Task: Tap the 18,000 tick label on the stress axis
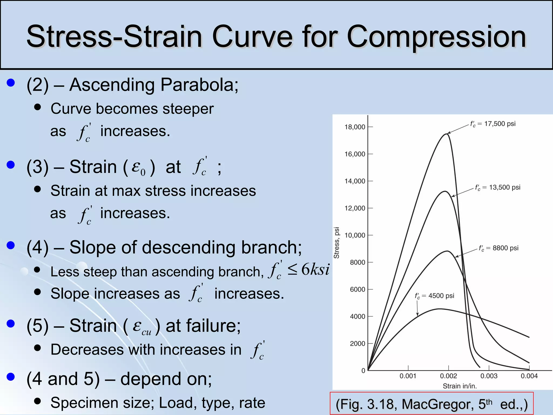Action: click(355, 127)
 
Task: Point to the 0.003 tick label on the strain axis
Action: click(489, 376)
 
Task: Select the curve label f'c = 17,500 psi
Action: click(493, 124)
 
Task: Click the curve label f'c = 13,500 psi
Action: click(497, 187)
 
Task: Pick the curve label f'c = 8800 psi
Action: click(498, 248)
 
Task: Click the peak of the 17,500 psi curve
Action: click(446, 134)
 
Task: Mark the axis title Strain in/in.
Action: click(460, 386)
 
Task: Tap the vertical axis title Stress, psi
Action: click(336, 243)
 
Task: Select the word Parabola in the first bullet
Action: click(199, 85)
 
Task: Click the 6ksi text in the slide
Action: click(315, 269)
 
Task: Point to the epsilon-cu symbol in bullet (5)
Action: click(142, 327)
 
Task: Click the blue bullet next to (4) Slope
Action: click(11, 245)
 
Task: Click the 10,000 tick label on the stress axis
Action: click(355, 235)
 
